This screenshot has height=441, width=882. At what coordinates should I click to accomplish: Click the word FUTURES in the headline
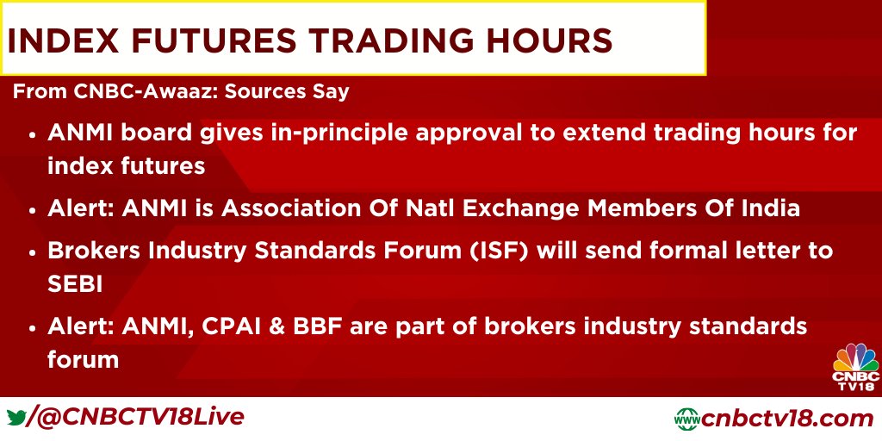click(x=218, y=40)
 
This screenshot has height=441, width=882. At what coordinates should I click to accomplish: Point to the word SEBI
click(x=75, y=284)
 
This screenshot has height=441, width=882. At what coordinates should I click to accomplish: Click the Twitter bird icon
click(x=17, y=418)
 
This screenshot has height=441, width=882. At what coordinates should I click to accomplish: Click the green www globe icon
click(x=687, y=419)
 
